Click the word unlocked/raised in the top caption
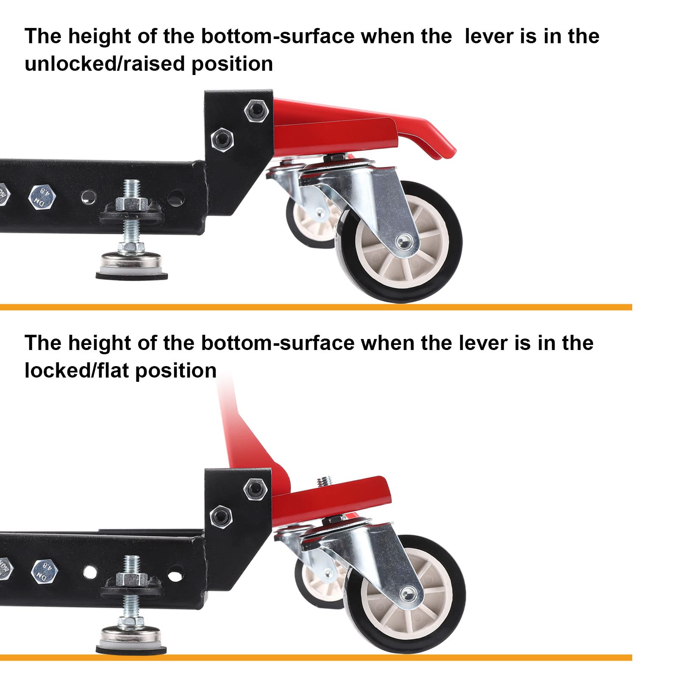(106, 64)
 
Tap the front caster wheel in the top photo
(399, 242)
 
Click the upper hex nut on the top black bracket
(256, 110)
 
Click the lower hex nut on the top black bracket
(222, 138)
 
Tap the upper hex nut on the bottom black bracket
(256, 489)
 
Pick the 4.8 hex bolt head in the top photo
(42, 196)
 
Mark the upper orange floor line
(316, 307)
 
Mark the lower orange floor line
(316, 658)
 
